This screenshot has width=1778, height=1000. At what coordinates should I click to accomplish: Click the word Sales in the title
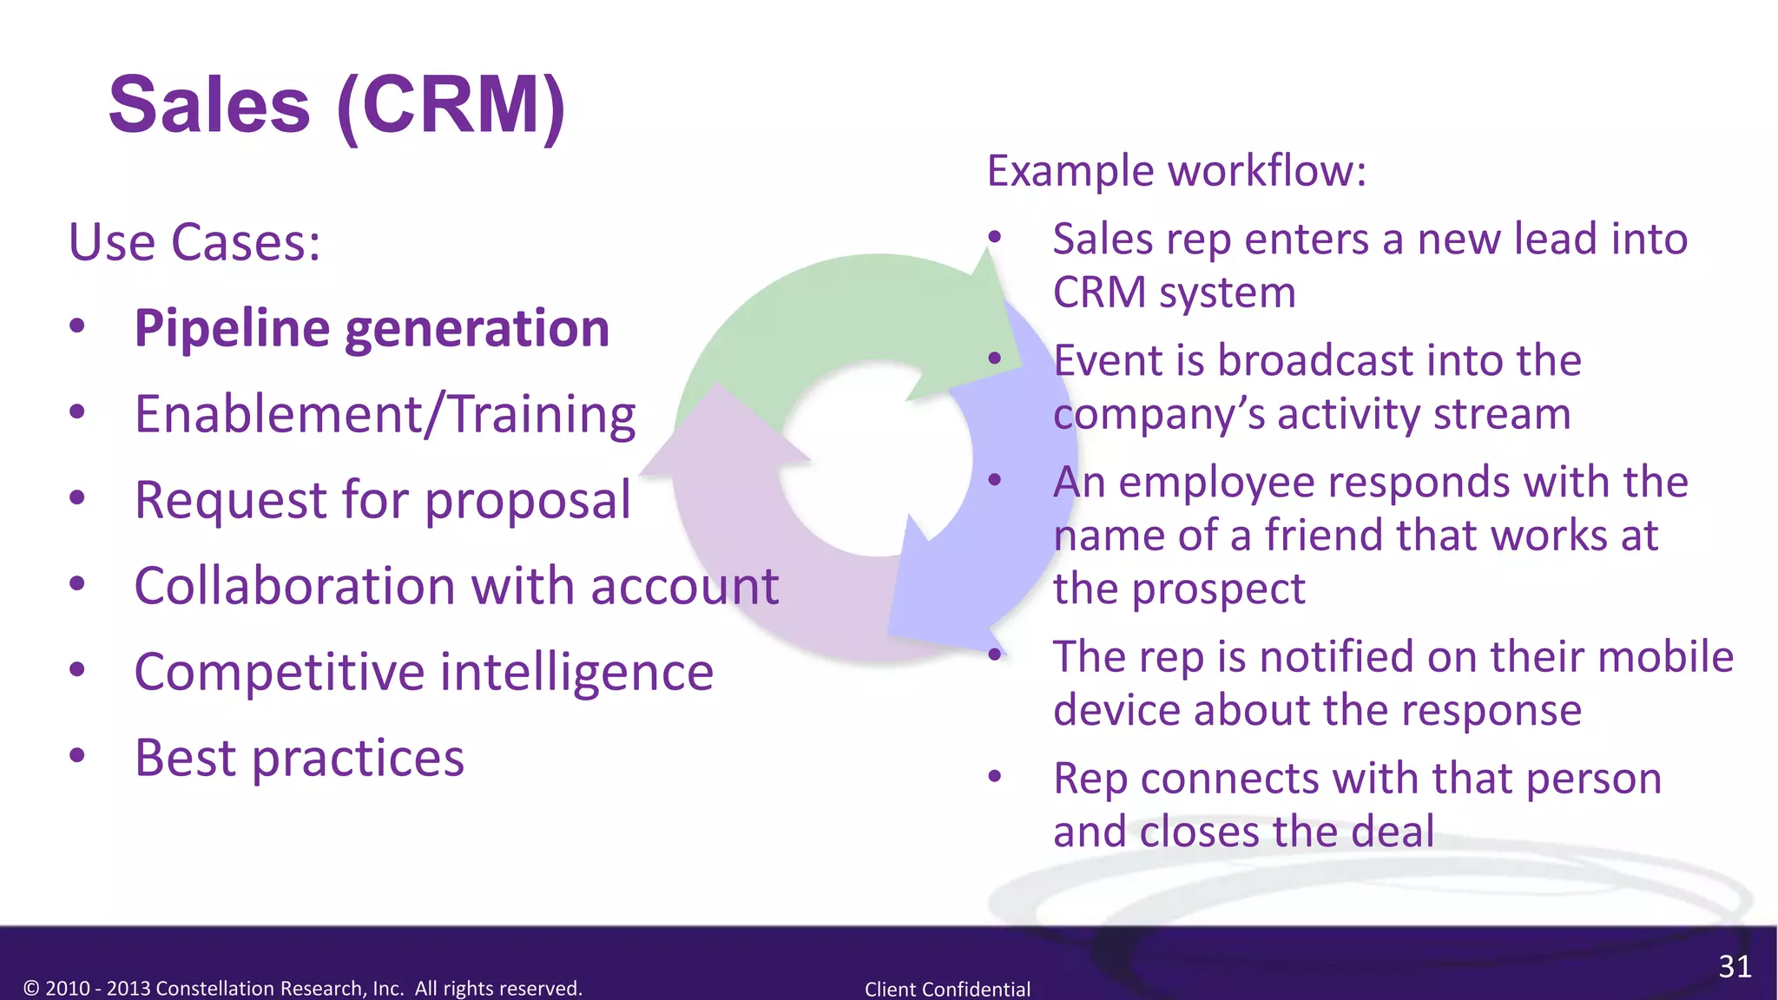pyautogui.click(x=209, y=105)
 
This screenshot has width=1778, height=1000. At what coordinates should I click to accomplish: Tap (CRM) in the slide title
pyautogui.click(x=451, y=105)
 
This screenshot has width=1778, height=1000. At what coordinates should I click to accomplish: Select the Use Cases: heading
pyautogui.click(x=194, y=242)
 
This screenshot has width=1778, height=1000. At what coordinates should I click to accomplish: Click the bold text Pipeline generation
pyautogui.click(x=372, y=329)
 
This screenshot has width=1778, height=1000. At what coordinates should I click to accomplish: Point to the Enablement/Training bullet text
pyautogui.click(x=385, y=414)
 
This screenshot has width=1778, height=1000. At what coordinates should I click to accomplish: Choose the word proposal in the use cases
pyautogui.click(x=527, y=501)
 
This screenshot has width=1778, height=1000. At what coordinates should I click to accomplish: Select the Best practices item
pyautogui.click(x=300, y=758)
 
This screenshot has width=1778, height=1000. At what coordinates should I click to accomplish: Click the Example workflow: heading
pyautogui.click(x=1176, y=171)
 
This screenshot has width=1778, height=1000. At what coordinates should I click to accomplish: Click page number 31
pyautogui.click(x=1735, y=966)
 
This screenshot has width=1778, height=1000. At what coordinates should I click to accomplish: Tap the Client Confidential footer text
pyautogui.click(x=947, y=989)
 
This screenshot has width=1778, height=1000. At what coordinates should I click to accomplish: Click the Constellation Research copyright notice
pyautogui.click(x=303, y=988)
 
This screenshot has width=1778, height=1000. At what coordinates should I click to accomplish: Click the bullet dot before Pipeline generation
pyautogui.click(x=77, y=326)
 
